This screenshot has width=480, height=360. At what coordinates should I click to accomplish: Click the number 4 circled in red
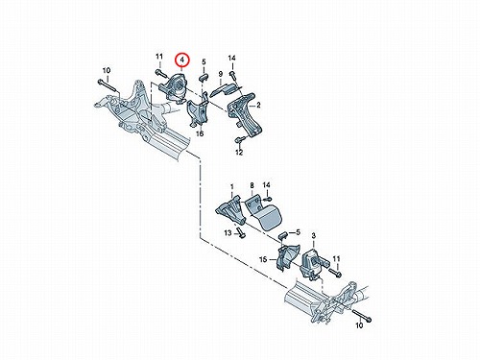point(181,60)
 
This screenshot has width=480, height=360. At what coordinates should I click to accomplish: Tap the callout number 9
point(221,75)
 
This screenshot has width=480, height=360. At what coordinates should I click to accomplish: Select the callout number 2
point(258,105)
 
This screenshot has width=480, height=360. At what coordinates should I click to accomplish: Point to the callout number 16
point(200,132)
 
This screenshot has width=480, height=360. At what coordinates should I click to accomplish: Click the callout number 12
point(239,153)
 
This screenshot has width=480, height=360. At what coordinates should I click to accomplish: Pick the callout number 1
point(232,186)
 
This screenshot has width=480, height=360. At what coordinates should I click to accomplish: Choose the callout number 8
point(252,185)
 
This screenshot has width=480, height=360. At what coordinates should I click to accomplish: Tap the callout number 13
point(228,233)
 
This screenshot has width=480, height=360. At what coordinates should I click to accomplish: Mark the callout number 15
point(263,259)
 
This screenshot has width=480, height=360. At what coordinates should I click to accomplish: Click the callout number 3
point(313,236)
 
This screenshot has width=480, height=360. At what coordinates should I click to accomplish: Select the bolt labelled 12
point(240,140)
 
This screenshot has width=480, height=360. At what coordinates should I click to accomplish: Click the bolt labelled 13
point(240,232)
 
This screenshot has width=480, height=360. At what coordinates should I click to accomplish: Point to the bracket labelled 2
point(245,113)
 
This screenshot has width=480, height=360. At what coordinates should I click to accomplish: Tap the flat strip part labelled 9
point(226,89)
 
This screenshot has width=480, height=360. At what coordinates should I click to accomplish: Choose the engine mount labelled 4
point(174,87)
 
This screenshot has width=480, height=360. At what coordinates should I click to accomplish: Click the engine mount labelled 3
point(311,263)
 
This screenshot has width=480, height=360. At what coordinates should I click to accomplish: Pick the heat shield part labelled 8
point(264,212)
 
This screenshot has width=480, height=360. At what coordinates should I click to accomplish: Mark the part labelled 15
point(287,257)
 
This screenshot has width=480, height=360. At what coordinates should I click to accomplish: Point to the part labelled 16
point(198,112)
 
